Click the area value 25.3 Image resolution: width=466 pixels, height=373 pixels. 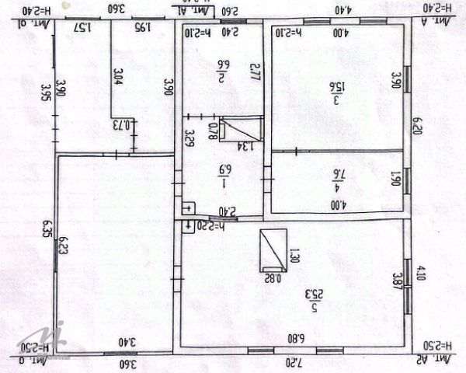tap(315, 295)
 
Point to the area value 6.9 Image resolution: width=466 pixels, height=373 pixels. tap(223, 169)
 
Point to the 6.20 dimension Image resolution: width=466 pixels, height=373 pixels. tap(418, 124)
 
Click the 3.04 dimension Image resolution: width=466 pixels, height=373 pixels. tap(118, 76)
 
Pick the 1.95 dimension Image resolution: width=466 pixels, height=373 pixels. tap(142, 28)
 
